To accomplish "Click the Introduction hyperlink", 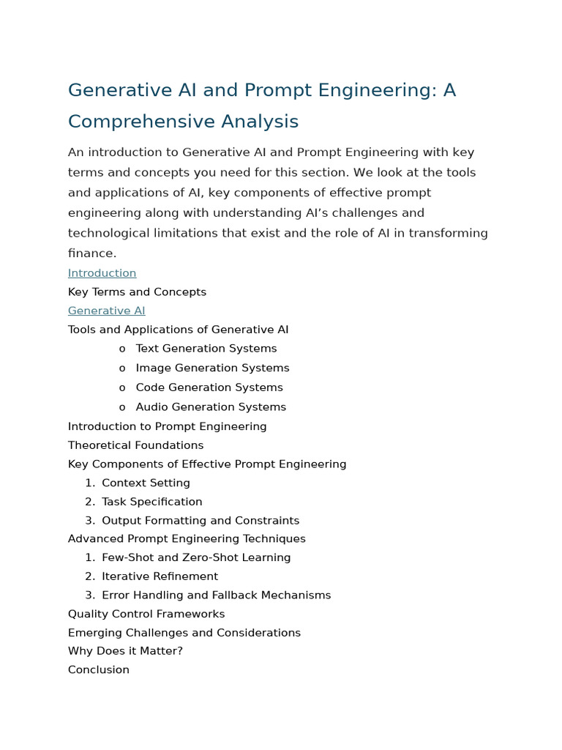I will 102,273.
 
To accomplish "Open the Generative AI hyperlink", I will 106,311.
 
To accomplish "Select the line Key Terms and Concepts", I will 137,292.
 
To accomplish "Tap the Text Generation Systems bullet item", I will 206,349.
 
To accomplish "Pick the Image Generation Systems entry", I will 212,368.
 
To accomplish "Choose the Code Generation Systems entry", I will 209,387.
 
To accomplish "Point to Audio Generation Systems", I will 211,407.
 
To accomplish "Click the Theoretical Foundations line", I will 135,445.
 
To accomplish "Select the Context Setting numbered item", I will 146,483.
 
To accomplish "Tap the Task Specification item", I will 151,502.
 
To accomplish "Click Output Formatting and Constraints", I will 200,521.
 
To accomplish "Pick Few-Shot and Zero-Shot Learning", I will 196,558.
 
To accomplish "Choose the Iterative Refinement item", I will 160,576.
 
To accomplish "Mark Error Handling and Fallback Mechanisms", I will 216,595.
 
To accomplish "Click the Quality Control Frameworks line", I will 146,614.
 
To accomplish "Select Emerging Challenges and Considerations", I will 184,633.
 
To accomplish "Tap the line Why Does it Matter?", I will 125,651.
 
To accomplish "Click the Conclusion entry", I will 98,670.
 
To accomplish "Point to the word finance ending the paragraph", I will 91,253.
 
